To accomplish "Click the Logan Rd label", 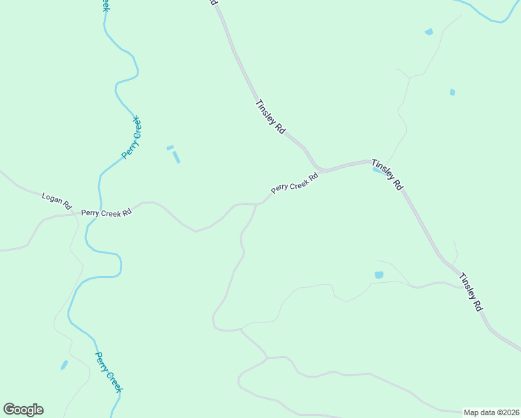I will [x=57, y=201].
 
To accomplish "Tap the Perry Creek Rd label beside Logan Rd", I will [x=106, y=212].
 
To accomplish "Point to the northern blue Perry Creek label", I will [x=132, y=137].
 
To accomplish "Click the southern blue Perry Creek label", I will [x=108, y=372].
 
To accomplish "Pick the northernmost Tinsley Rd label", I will [x=271, y=117].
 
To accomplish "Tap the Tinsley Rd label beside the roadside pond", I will [x=387, y=173].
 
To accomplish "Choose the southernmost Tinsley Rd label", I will [x=470, y=291].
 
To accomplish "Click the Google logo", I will [x=23, y=410].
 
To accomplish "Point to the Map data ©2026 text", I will [x=491, y=412].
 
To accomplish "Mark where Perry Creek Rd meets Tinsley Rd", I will [x=322, y=169].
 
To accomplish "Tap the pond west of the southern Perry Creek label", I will [x=64, y=364].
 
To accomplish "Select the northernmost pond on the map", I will [x=428, y=31].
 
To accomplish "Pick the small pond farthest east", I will [x=452, y=92].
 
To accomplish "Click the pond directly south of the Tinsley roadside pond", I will [x=379, y=275].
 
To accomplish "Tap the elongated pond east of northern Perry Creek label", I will [x=176, y=157].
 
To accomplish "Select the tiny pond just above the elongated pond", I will [x=170, y=147].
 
